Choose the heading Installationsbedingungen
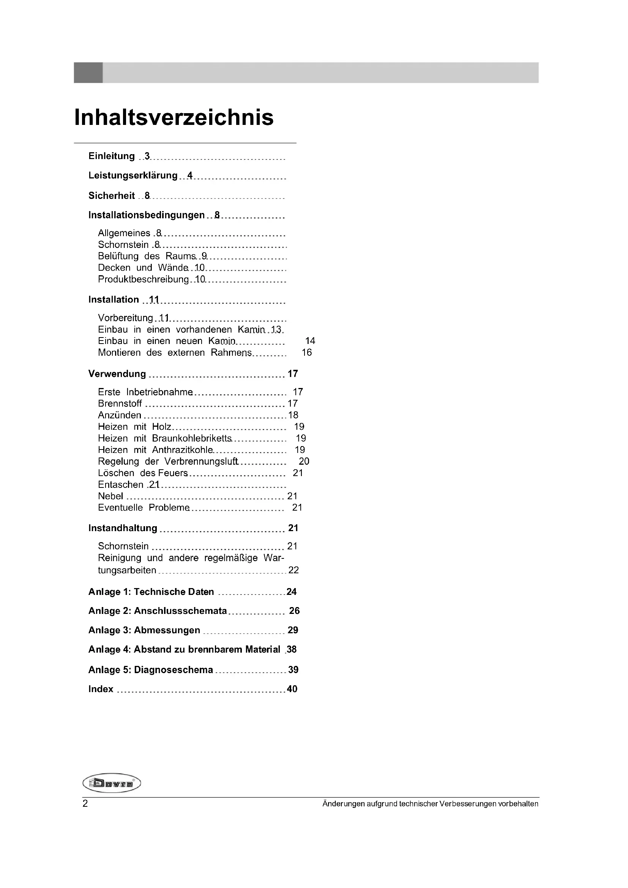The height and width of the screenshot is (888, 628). coord(146,215)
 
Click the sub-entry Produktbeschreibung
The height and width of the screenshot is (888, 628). coord(143,279)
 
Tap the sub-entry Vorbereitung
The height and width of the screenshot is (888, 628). coord(125,318)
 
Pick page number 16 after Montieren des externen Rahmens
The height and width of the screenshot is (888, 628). coord(307,352)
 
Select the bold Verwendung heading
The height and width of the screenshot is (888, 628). coord(117,374)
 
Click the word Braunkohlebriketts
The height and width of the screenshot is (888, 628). coord(192,438)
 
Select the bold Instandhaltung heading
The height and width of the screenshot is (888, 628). coord(123,528)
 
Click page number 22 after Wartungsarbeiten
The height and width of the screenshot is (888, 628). coord(293,570)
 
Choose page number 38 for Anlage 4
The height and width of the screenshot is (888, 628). coord(292,649)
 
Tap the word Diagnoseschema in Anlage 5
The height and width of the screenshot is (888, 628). coord(173,670)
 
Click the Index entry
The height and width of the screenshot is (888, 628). coord(101,689)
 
